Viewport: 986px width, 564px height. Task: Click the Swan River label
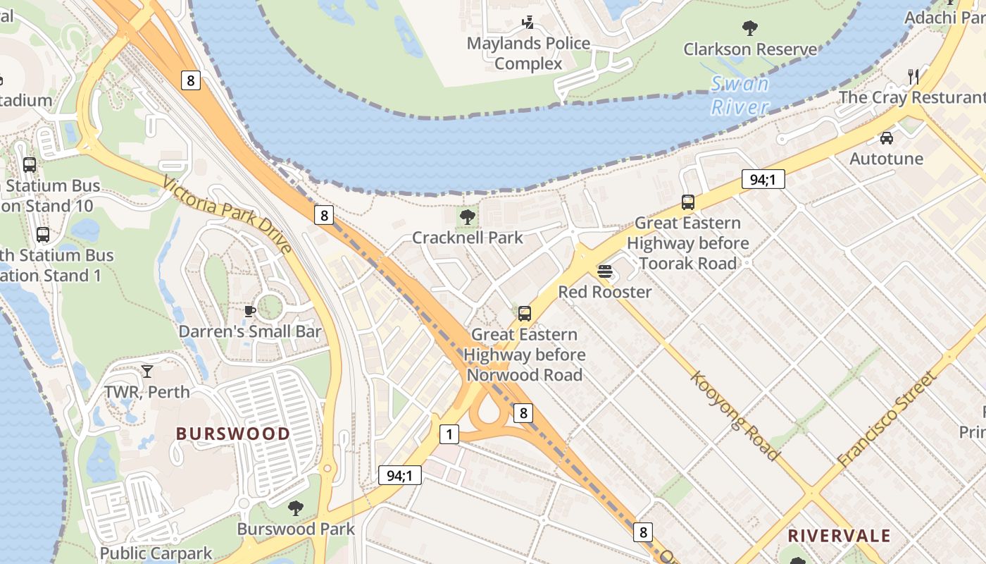click(739, 95)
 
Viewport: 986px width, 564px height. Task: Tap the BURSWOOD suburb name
click(233, 434)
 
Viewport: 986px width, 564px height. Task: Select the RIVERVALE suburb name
click(839, 536)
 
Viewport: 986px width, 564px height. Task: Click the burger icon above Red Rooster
click(604, 271)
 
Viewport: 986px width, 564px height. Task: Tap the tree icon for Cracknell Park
click(467, 217)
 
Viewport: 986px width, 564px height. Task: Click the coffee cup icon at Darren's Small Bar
click(249, 311)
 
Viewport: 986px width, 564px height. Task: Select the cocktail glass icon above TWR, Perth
click(147, 372)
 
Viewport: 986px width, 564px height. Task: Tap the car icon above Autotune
click(886, 138)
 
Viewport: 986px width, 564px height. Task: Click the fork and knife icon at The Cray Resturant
click(913, 77)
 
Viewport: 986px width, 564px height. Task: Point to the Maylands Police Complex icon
click(528, 23)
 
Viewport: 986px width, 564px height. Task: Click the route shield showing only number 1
click(449, 434)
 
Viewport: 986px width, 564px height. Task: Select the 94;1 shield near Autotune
click(763, 180)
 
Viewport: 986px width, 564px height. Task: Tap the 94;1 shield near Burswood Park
click(400, 475)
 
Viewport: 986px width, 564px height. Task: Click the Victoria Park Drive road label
click(227, 214)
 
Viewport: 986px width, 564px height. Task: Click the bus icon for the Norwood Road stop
click(525, 314)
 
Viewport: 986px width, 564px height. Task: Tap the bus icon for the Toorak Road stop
click(688, 202)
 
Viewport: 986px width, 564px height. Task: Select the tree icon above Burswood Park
click(296, 508)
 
